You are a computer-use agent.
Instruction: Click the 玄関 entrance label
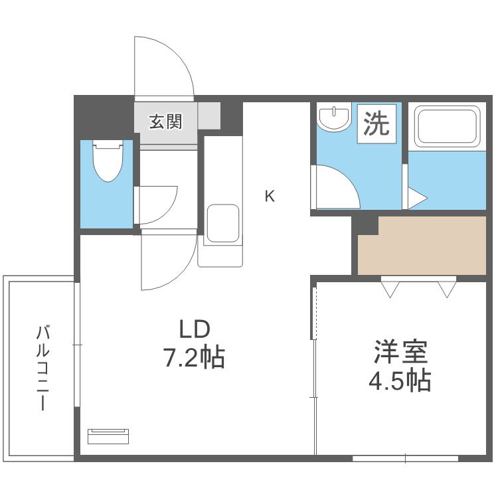point(165,122)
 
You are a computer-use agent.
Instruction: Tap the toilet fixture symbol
point(106,160)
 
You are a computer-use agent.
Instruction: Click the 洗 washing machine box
point(377,123)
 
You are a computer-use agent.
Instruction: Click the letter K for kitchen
point(270,196)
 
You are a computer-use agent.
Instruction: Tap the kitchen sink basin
point(222,223)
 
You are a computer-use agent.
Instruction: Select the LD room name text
point(195,329)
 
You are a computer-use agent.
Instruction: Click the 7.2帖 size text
point(194,358)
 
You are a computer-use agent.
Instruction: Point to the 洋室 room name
point(400,351)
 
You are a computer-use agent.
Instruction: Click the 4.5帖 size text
point(400,381)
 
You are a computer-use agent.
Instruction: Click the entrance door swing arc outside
point(163,66)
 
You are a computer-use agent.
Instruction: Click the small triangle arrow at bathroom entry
point(416,198)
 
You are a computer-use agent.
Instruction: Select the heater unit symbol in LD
point(108,436)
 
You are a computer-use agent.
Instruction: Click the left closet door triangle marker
point(390,289)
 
